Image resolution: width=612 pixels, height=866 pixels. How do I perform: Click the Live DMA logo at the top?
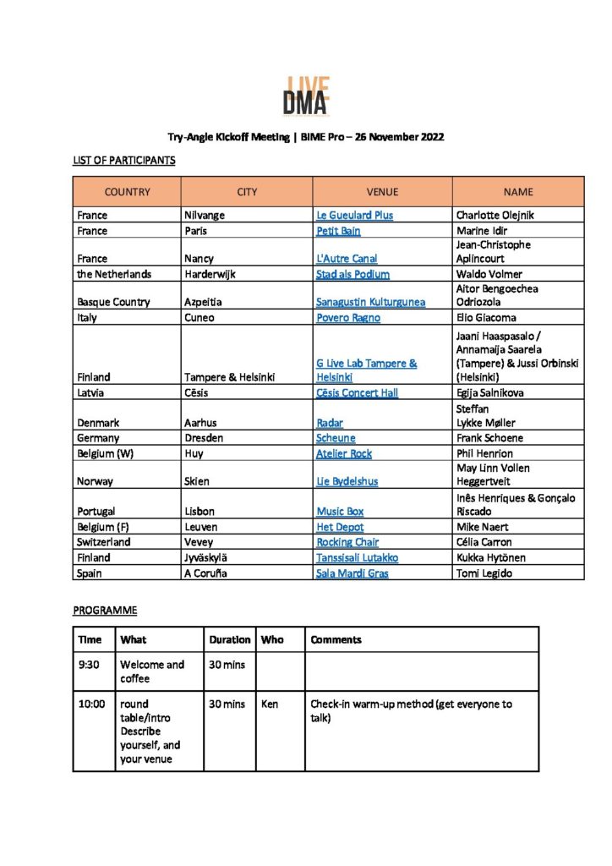point(306,96)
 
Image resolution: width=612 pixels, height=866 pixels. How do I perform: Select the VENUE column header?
point(382,192)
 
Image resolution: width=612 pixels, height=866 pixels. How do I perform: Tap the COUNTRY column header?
point(127,192)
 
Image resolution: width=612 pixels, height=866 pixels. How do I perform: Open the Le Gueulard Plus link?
point(354,216)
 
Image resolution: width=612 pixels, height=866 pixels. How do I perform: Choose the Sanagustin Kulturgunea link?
point(370,303)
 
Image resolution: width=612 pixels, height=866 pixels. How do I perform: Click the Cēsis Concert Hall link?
point(357,393)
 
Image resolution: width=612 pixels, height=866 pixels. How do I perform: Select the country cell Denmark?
point(98,423)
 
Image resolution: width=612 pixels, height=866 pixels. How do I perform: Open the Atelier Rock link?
point(344,453)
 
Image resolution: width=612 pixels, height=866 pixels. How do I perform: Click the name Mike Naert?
point(484,527)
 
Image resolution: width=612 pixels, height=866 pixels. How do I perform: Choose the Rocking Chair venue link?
point(347,542)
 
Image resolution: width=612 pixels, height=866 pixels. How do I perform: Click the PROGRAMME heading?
point(105,610)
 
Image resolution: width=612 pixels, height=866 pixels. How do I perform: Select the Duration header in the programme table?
point(230,640)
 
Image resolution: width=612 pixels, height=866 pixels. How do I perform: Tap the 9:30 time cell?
point(89,665)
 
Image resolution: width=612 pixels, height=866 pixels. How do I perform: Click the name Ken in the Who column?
point(270,704)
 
